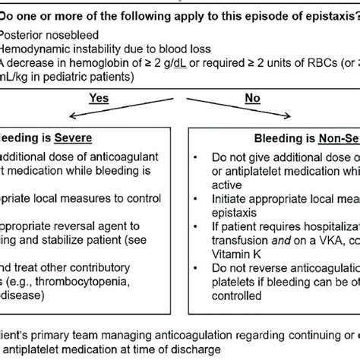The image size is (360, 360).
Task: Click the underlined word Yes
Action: click(x=99, y=97)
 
